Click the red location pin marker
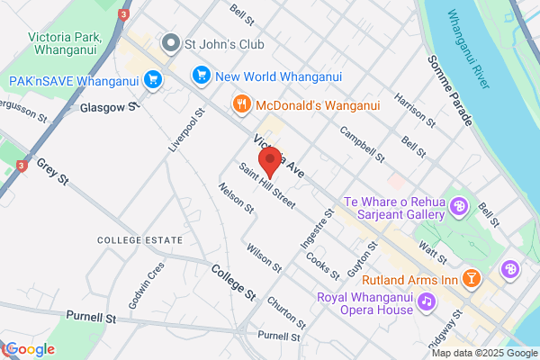click(x=269, y=162)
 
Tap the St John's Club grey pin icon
click(x=169, y=42)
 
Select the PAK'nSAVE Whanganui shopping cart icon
click(x=153, y=80)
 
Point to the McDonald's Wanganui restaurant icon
click(x=241, y=104)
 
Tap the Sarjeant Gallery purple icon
click(x=459, y=206)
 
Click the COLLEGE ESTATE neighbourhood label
click(x=139, y=240)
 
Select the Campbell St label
click(x=362, y=144)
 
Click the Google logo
click(x=31, y=349)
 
